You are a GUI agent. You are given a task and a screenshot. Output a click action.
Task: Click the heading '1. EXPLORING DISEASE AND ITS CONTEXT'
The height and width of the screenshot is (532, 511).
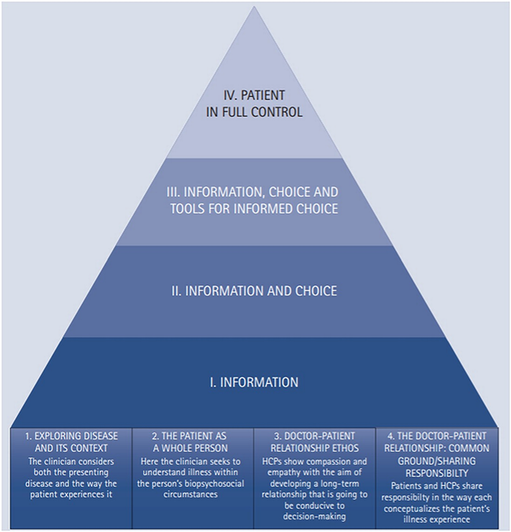point(72,442)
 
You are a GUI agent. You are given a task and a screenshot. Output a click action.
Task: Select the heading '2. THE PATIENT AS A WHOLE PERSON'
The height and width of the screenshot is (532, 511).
point(193,442)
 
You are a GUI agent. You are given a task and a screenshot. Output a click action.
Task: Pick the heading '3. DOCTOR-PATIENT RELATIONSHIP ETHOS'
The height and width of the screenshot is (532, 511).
point(315,442)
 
